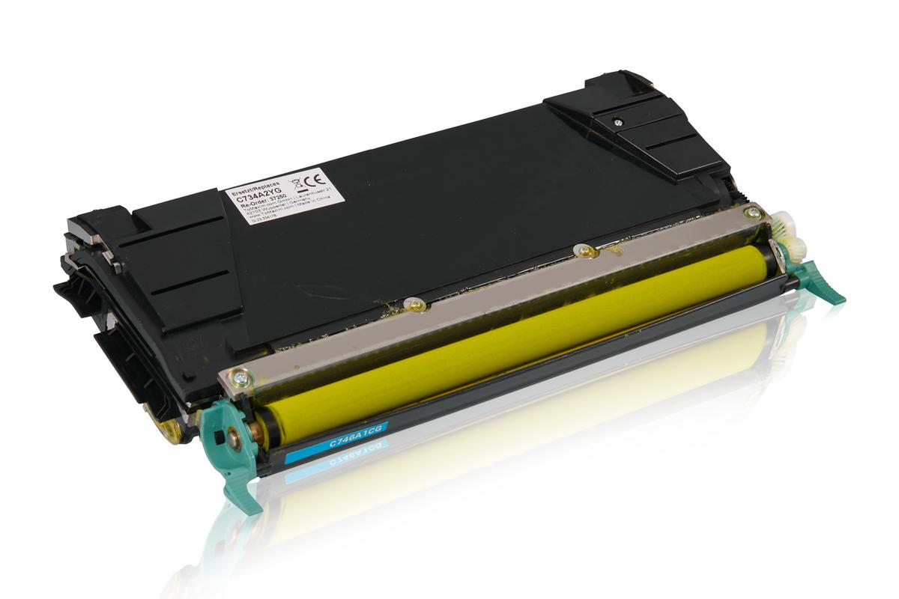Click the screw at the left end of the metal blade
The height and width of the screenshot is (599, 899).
[x=240, y=378]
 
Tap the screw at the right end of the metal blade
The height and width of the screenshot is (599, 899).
[x=754, y=213]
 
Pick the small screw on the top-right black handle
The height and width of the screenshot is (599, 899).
[x=617, y=121]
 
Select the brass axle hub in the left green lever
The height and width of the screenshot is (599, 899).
[x=234, y=440]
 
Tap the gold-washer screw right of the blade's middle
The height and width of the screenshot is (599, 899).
[x=585, y=251]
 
